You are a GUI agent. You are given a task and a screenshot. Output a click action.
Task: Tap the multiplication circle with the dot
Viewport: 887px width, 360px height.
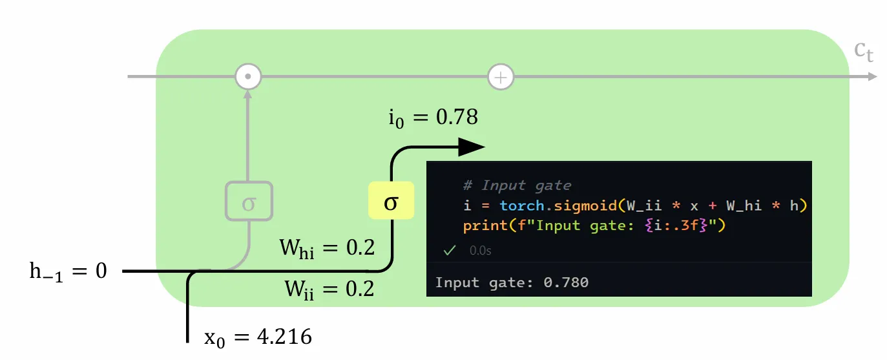point(247,77)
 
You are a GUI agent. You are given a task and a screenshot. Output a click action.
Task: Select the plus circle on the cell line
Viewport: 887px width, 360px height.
point(500,77)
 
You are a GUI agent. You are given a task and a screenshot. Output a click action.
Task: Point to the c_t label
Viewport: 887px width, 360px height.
point(864,52)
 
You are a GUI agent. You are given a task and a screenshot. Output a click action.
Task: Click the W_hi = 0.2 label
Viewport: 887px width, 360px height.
point(326,248)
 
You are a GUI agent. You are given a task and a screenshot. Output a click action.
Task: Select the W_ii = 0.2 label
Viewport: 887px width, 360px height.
point(329,288)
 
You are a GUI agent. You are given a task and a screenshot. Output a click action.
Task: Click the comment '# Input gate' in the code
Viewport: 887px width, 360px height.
point(517,185)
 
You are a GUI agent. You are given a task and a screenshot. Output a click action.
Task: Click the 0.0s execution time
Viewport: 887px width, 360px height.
point(480,251)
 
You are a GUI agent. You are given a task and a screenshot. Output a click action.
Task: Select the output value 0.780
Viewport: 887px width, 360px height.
point(567,282)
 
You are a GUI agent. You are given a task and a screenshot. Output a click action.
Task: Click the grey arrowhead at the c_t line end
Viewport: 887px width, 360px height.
point(871,77)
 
